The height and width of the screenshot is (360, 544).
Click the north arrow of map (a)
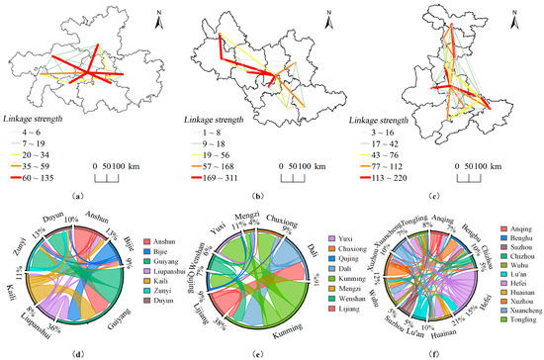tap(160, 17)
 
